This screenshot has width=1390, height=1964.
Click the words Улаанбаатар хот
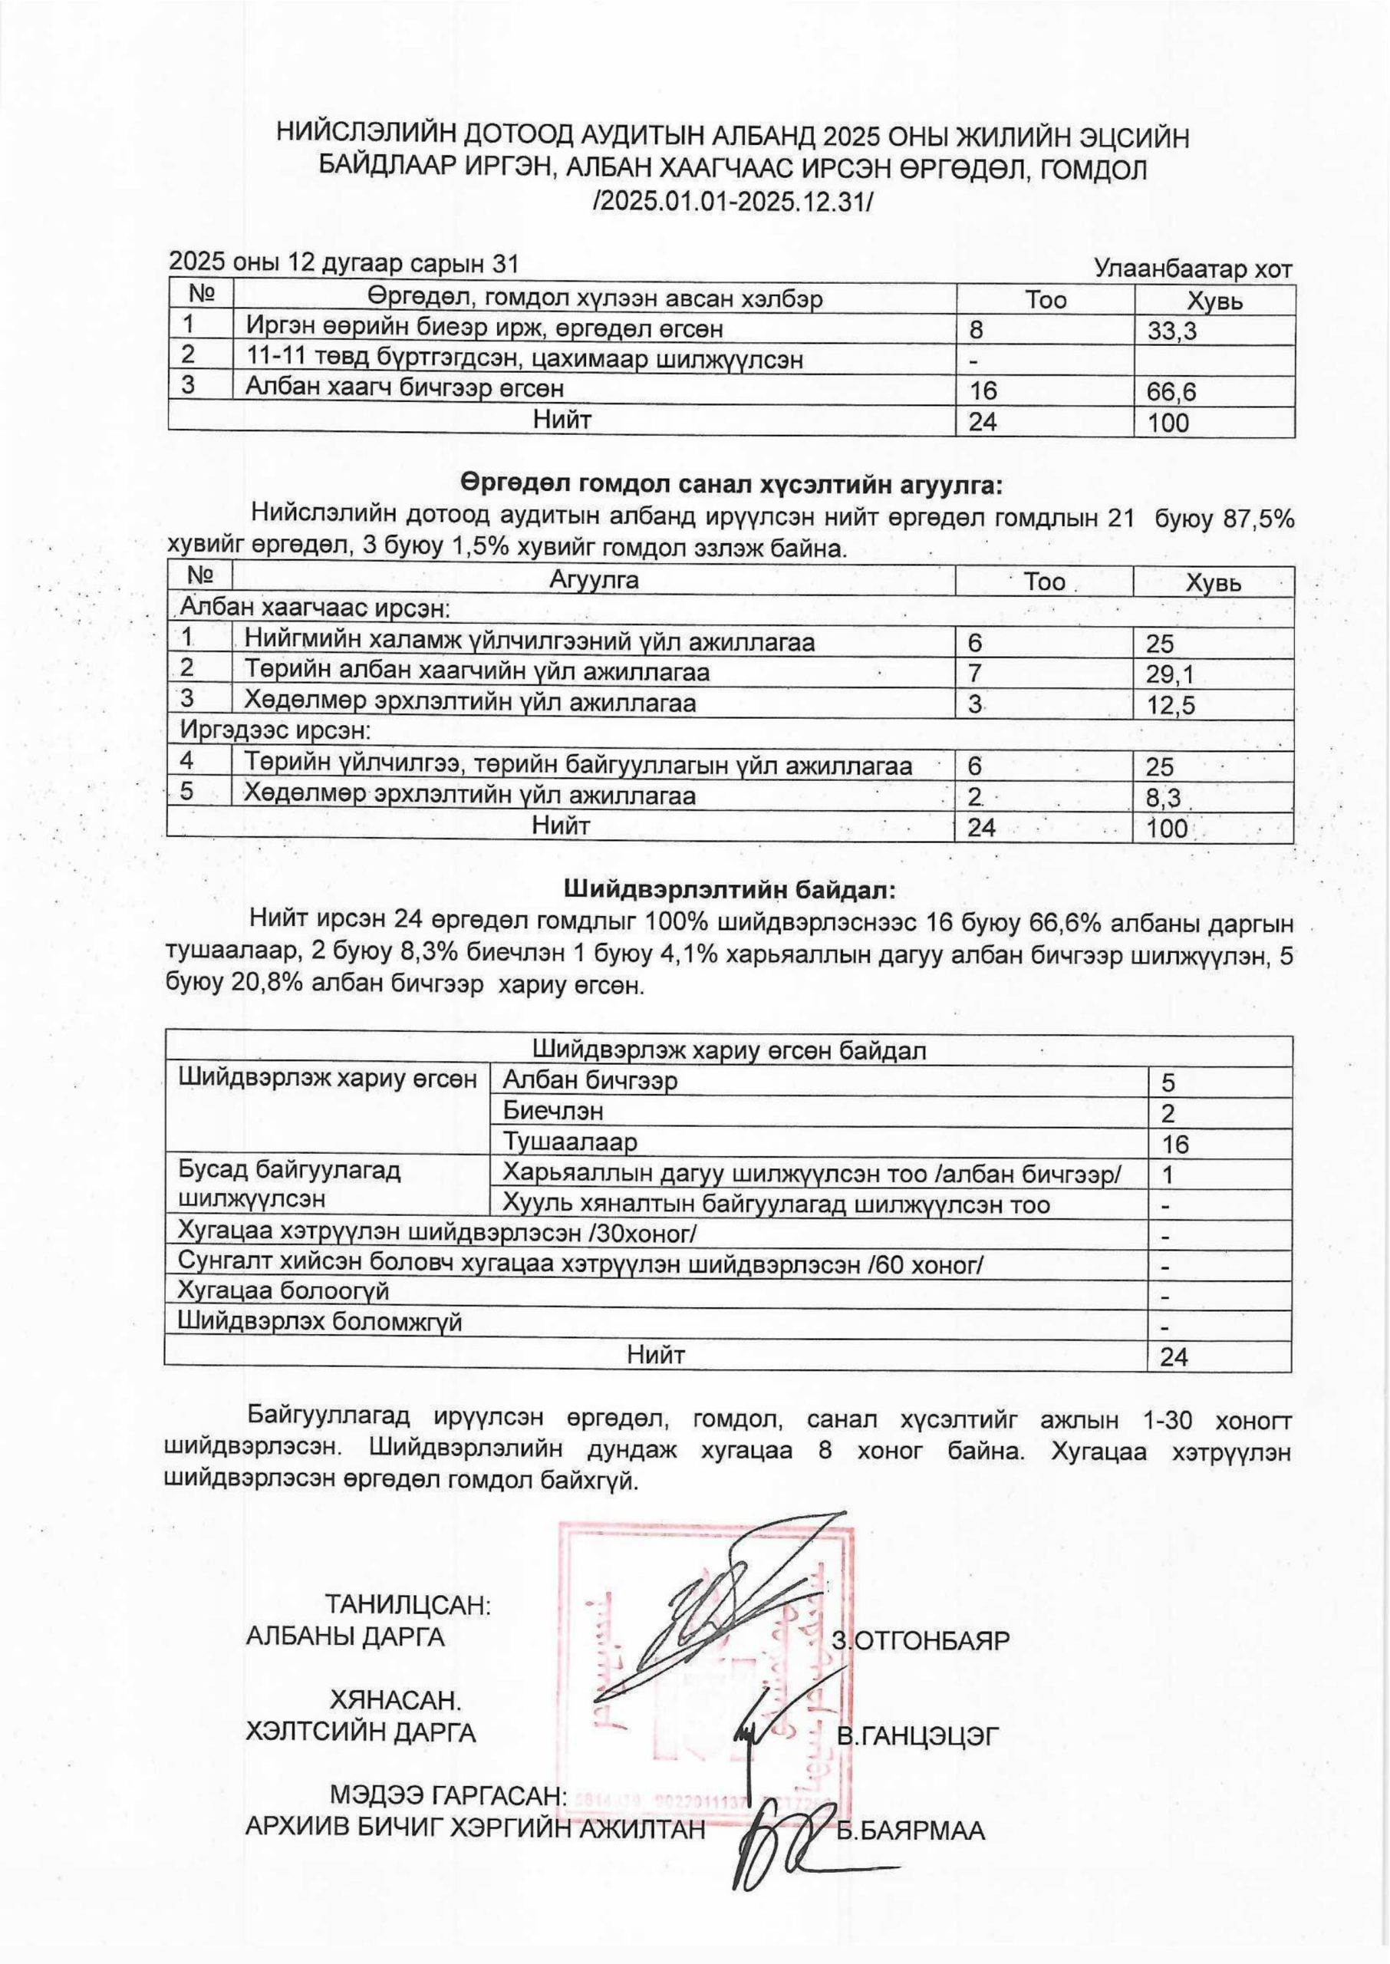coord(1193,269)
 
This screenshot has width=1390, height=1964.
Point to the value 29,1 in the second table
coord(1170,675)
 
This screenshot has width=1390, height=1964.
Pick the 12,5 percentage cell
coord(1170,706)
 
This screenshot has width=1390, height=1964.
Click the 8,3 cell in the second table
coord(1163,799)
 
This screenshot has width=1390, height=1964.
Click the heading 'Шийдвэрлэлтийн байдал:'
coord(730,891)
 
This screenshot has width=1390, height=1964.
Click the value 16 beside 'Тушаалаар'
coord(1175,1144)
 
